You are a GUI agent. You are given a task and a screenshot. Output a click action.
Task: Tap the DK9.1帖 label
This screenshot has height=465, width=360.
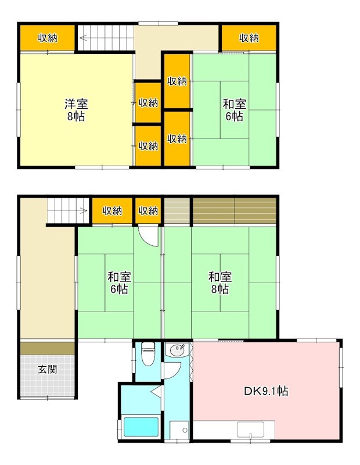coord(265,391)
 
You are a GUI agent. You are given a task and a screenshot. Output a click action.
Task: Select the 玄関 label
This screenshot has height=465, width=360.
coord(48,369)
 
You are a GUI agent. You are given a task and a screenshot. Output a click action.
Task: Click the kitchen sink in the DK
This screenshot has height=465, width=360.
coord(250,430)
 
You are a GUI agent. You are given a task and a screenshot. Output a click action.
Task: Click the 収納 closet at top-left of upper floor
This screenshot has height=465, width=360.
coord(48,38)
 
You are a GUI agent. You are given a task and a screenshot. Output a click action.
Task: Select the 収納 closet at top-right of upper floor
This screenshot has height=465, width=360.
coord(249,38)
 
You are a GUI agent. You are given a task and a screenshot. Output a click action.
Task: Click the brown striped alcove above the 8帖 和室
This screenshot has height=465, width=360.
coord(234,211)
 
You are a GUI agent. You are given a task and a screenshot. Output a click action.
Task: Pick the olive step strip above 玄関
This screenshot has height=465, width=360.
coord(48,348)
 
